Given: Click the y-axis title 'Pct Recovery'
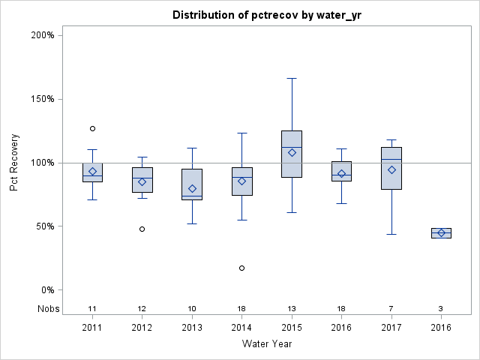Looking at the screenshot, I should point(14,163).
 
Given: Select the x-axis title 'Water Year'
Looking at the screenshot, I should point(267,344).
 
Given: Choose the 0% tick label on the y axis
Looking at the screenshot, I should point(46,290).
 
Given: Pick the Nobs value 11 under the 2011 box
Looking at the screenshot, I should point(92,309).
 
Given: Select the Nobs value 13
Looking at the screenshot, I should point(292,309).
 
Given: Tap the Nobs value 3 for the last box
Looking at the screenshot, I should point(441,309).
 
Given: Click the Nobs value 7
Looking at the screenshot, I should point(391,309).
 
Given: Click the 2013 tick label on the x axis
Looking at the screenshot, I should point(192,328).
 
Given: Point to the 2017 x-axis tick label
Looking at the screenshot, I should point(391,328).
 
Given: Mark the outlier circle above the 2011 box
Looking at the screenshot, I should point(92,128).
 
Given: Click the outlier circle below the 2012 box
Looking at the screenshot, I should point(142,229).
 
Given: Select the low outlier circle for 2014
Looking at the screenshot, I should point(241,268).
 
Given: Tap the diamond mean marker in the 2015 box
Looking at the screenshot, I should point(292,152).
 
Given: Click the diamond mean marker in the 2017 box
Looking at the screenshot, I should point(391,169).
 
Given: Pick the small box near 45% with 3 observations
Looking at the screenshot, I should point(441,232).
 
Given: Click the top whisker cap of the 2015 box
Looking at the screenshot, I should point(292,78).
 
